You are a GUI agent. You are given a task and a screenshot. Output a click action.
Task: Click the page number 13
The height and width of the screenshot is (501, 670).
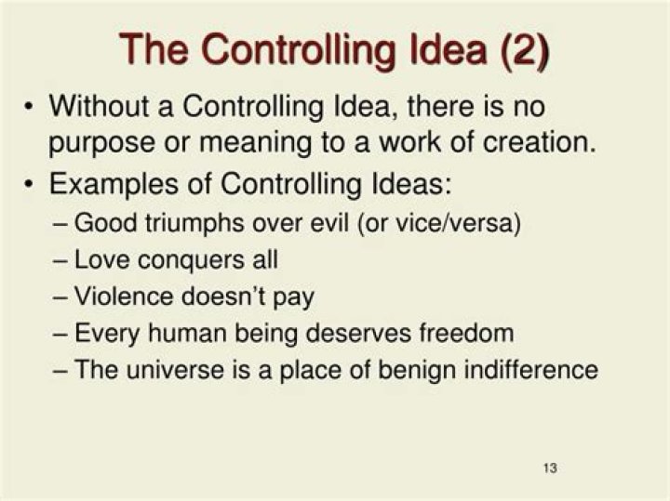[x=549, y=467]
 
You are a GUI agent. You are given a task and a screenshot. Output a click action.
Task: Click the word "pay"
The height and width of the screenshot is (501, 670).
[x=295, y=297]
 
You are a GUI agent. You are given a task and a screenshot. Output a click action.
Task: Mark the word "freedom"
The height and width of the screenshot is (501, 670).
[x=471, y=333]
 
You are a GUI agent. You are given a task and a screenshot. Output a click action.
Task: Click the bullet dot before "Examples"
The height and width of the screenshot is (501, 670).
[x=30, y=183]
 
